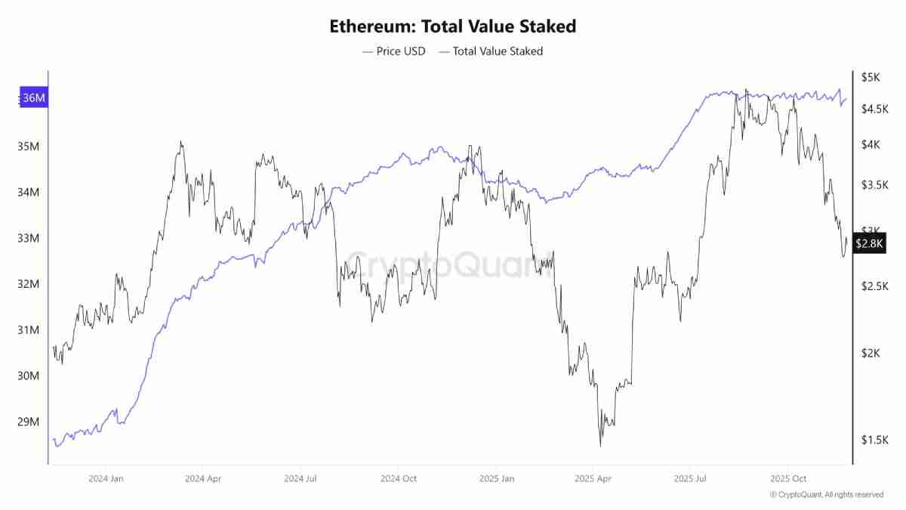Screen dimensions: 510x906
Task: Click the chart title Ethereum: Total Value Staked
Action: tap(452, 26)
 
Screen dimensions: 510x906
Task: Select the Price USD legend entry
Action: tap(393, 51)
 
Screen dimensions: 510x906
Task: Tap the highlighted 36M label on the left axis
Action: tap(33, 98)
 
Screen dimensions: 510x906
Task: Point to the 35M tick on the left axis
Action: tap(29, 146)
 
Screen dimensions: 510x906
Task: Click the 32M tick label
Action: tap(29, 284)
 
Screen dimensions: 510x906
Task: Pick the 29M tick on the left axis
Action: tap(29, 422)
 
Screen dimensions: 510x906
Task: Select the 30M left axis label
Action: tap(29, 376)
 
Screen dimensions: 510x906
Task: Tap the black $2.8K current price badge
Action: tap(870, 243)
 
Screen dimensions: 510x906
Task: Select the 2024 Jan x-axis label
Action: tap(106, 478)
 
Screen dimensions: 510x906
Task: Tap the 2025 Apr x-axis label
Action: tap(594, 478)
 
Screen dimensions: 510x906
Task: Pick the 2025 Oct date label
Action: tap(788, 478)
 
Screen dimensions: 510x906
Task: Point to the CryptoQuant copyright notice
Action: tap(826, 495)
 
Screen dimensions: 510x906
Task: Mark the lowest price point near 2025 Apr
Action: tap(601, 446)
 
